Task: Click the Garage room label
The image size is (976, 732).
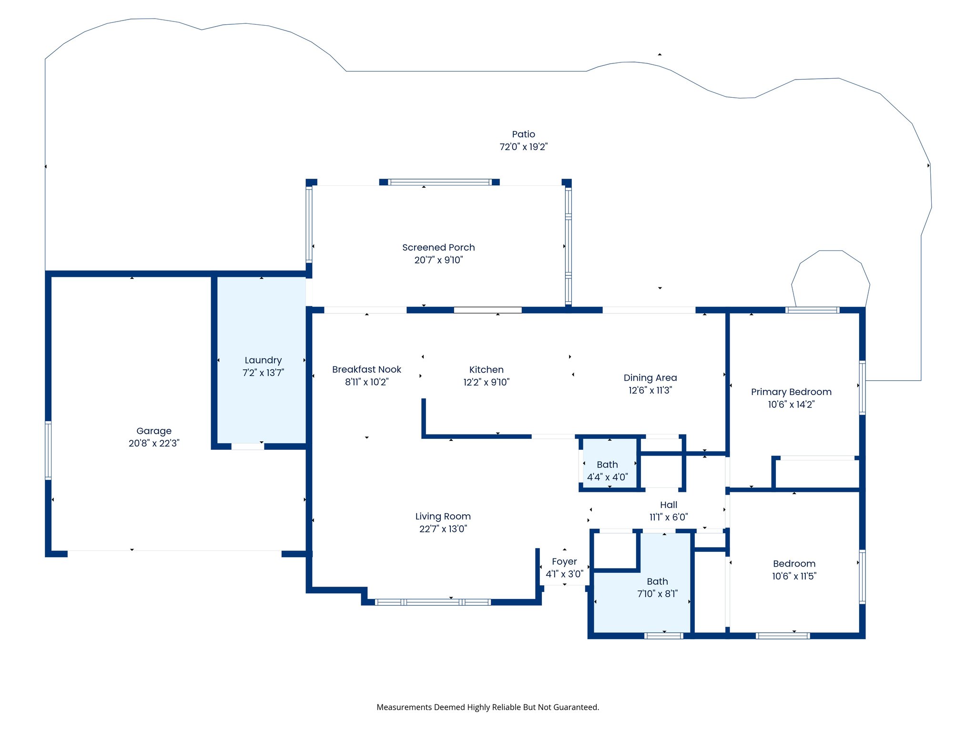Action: click(153, 431)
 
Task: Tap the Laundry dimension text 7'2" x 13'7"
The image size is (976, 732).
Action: click(263, 373)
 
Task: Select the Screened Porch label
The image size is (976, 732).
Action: click(438, 247)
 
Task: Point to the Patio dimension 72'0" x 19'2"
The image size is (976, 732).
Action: click(523, 147)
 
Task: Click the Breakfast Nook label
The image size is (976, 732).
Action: click(366, 369)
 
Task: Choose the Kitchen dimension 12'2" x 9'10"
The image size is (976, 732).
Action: click(486, 382)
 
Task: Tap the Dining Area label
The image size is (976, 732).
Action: click(650, 377)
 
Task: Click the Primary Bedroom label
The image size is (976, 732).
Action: click(791, 392)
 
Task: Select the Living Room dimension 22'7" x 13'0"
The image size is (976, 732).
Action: click(443, 529)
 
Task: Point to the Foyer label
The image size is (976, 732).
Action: click(564, 561)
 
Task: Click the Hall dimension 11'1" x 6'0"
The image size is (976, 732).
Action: click(668, 517)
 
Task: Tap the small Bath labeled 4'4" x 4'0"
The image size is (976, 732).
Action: click(607, 465)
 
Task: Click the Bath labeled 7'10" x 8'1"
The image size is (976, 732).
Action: click(657, 581)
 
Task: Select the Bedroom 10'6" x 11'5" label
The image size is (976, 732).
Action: click(794, 564)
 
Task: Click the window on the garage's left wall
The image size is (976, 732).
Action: click(48, 450)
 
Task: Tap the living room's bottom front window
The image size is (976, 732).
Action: click(433, 602)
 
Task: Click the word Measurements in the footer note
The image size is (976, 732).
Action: click(404, 707)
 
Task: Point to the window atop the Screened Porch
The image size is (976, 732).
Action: click(439, 182)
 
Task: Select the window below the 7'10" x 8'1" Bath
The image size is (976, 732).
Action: click(663, 636)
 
